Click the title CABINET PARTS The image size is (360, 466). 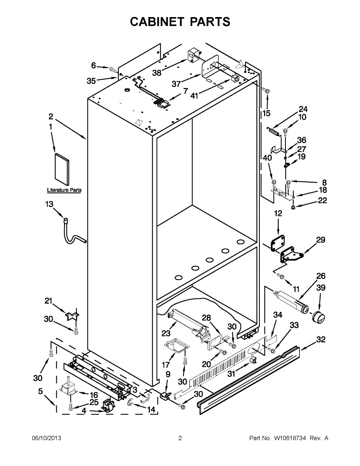(180, 22)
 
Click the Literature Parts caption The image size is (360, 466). (64, 190)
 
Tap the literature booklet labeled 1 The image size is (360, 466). (62, 169)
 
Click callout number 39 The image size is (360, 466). (321, 288)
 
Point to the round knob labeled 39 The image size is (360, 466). (318, 316)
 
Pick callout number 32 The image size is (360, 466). (321, 340)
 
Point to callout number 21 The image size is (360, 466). (48, 301)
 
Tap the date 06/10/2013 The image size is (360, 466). (46, 438)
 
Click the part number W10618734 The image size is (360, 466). (289, 438)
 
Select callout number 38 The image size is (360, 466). (157, 72)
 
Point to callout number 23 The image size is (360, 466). (166, 333)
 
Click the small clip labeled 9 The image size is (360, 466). (165, 395)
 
